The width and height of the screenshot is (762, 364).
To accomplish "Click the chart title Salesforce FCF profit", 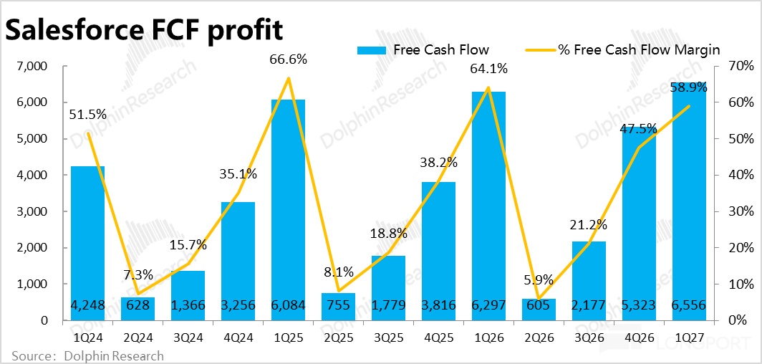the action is (144, 31).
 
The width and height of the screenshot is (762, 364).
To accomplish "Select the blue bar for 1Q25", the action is (288, 210).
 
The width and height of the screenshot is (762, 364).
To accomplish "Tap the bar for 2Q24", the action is (138, 309).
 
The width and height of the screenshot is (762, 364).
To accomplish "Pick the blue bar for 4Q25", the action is (438, 252).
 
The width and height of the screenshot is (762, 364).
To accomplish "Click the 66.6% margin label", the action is (288, 59).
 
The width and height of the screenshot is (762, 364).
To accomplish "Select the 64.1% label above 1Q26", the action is (488, 69).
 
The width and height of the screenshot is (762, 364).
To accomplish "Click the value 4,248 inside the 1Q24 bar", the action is (88, 305).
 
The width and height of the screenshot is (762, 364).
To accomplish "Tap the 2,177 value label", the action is (589, 305).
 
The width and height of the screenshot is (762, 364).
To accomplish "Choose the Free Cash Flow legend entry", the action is (423, 50).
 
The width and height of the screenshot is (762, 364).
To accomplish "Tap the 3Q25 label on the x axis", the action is (388, 336).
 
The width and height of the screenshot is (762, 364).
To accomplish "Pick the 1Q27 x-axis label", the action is (689, 336).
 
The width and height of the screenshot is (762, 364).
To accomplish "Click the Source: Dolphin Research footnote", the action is (88, 355).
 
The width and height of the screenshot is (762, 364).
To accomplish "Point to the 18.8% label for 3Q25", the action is (388, 234).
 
